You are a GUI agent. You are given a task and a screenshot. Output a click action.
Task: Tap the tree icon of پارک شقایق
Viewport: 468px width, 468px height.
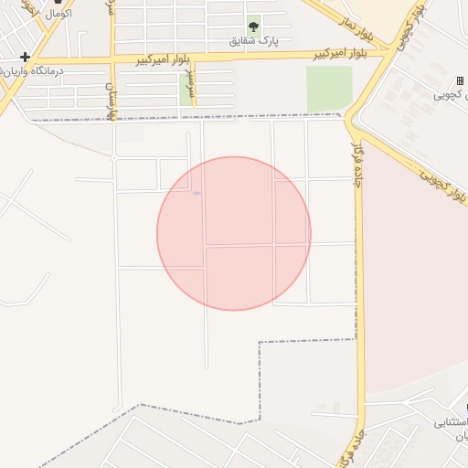coord(253,27)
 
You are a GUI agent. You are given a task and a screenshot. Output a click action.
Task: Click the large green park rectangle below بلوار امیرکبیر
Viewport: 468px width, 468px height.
coord(329,89)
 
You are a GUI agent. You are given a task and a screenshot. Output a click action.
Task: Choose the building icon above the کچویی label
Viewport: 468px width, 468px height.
coord(459,81)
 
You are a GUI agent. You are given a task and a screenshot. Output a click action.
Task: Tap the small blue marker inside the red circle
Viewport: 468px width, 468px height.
coord(197,193)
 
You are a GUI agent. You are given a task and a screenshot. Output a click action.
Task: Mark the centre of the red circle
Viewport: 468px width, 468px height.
coord(234,233)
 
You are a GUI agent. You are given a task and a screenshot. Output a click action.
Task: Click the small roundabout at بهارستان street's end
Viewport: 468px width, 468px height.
coord(114,158)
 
